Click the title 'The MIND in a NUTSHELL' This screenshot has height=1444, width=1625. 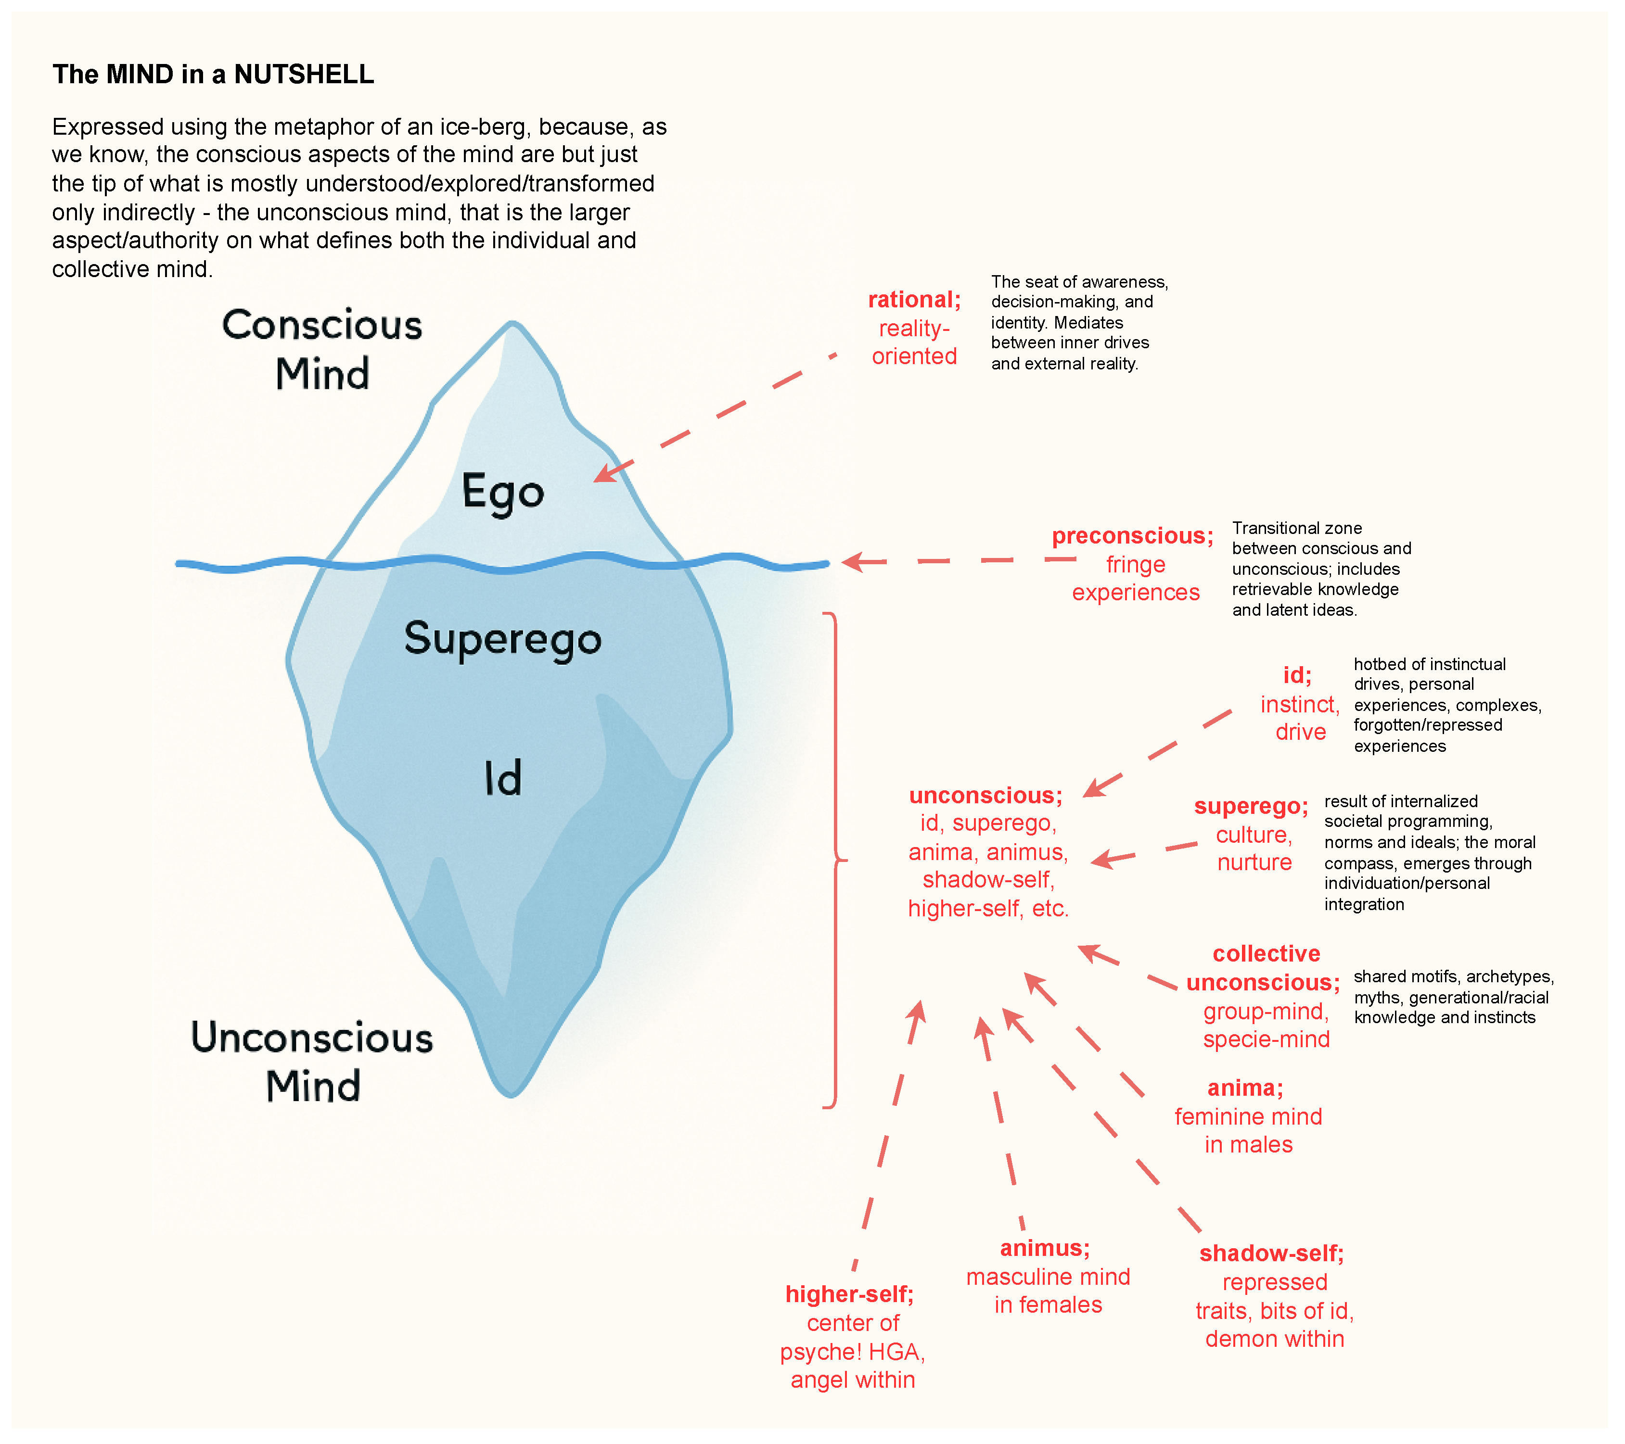pyautogui.click(x=213, y=74)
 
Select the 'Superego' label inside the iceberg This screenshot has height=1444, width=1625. pyautogui.click(x=502, y=638)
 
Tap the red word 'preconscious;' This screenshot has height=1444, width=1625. pyautogui.click(x=1132, y=536)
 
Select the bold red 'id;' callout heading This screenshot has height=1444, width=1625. pyautogui.click(x=1297, y=675)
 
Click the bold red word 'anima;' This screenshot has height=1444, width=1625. pyautogui.click(x=1245, y=1088)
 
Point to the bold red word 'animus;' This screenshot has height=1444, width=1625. pyautogui.click(x=1045, y=1249)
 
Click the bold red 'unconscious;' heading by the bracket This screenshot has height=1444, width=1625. pyautogui.click(x=986, y=796)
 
